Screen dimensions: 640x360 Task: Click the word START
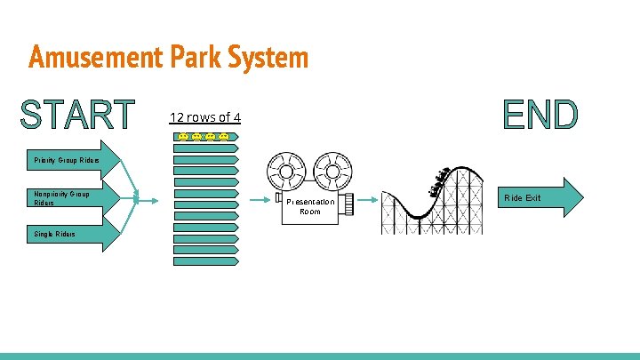coord(77,116)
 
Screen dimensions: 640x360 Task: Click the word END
coord(540,115)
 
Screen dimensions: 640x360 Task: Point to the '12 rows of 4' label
coord(205,117)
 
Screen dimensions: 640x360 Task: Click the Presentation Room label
coord(310,206)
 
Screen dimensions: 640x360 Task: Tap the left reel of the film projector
coord(286,171)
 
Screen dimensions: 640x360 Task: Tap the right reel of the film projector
coord(331,171)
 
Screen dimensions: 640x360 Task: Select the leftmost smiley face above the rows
coord(182,136)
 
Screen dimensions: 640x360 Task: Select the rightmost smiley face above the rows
coord(224,136)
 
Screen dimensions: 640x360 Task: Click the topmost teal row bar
coord(206,148)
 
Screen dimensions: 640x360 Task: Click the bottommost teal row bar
coord(206,262)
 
